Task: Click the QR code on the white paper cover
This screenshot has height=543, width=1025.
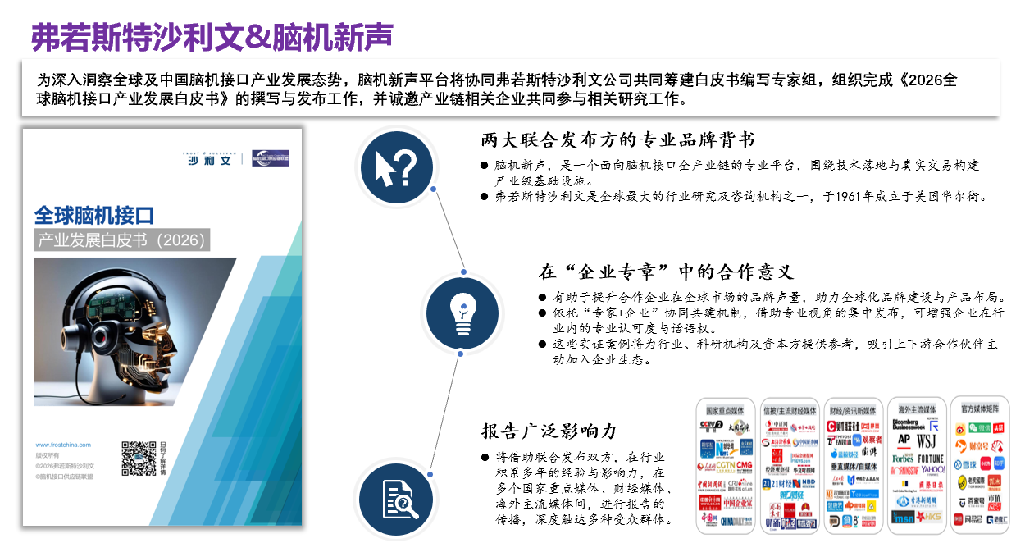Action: (x=139, y=459)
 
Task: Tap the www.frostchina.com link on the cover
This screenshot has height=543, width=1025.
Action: (x=63, y=445)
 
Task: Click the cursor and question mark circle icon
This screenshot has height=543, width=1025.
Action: (x=396, y=167)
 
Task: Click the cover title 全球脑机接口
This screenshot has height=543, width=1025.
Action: (x=94, y=216)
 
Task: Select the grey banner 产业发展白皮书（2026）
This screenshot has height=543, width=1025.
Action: (x=122, y=240)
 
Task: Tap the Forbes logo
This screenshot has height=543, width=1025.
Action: (x=903, y=458)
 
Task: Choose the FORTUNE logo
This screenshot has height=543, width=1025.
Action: (x=930, y=459)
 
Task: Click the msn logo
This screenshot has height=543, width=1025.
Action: (x=904, y=518)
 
